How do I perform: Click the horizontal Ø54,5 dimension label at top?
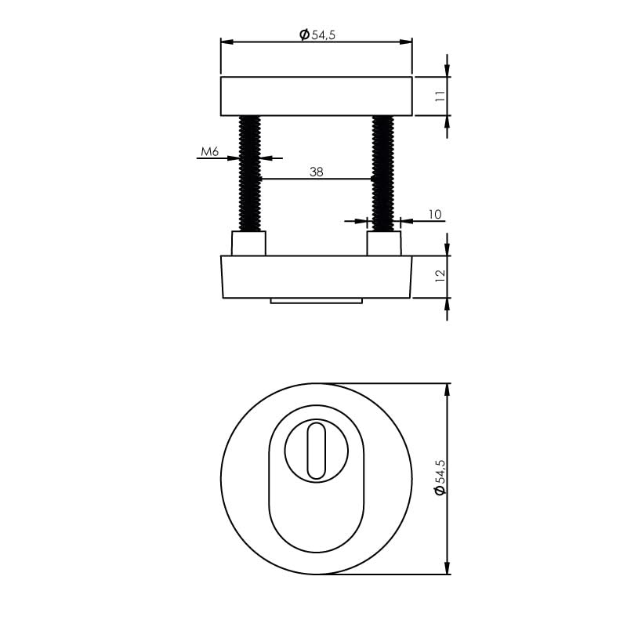317,34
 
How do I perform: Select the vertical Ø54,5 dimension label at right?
440,477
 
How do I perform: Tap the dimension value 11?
440,96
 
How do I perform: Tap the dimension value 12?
440,276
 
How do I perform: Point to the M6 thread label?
209,151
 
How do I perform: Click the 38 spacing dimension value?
316,171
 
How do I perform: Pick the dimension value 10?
435,214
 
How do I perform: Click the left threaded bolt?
249,172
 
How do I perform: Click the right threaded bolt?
383,172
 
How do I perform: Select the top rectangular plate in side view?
316,96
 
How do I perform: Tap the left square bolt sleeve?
248,244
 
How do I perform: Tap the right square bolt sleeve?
384,244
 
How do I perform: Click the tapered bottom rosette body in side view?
316,277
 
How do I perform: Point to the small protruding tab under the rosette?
316,300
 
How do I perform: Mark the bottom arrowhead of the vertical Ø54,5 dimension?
448,567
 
